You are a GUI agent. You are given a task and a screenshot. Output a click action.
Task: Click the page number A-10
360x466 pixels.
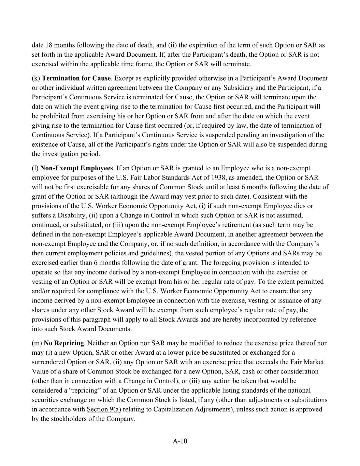(180, 441)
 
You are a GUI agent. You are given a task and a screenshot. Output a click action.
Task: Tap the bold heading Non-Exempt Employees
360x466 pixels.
(76, 168)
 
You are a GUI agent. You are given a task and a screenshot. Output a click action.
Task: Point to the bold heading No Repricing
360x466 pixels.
(64, 343)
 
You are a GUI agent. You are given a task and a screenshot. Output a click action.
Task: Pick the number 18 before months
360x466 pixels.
(49, 45)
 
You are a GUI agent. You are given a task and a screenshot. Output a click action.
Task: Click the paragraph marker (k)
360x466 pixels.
(36, 78)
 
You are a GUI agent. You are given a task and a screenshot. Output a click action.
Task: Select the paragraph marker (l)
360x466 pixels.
(35, 168)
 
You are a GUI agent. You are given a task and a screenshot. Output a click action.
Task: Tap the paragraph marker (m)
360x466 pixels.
(37, 343)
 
